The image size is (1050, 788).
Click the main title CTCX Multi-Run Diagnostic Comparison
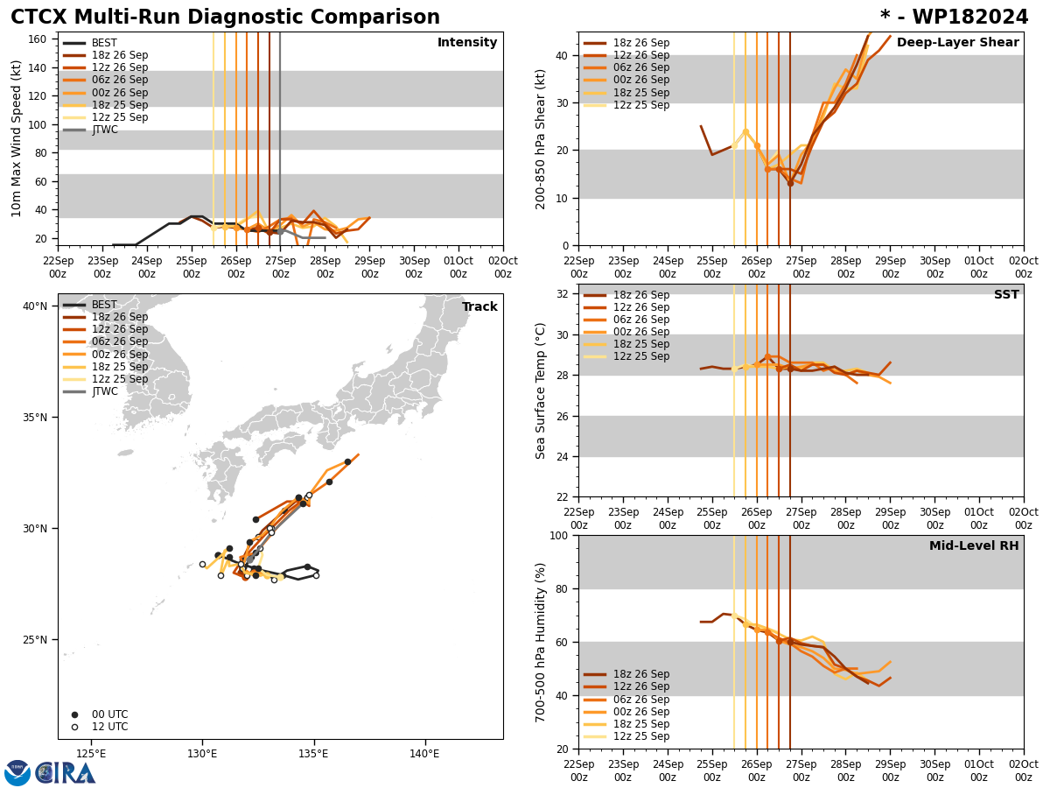(225, 18)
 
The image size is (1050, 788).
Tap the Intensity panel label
(467, 43)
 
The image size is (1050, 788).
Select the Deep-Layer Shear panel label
(957, 43)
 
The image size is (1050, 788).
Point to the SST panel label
(1006, 295)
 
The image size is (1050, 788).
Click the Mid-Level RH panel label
(974, 546)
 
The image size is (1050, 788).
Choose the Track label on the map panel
(479, 307)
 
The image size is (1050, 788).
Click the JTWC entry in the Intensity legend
(104, 130)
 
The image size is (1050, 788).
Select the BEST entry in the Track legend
(104, 305)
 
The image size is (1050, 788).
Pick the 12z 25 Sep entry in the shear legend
(640, 105)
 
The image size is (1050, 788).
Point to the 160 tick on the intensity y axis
(38, 39)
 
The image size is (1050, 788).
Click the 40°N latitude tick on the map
(35, 306)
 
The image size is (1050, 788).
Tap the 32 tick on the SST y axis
(563, 294)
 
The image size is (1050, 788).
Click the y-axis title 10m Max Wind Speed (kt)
(17, 138)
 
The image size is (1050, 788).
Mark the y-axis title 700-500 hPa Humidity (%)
(542, 642)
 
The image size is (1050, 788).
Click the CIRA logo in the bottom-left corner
(50, 772)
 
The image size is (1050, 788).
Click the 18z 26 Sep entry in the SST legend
(640, 295)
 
